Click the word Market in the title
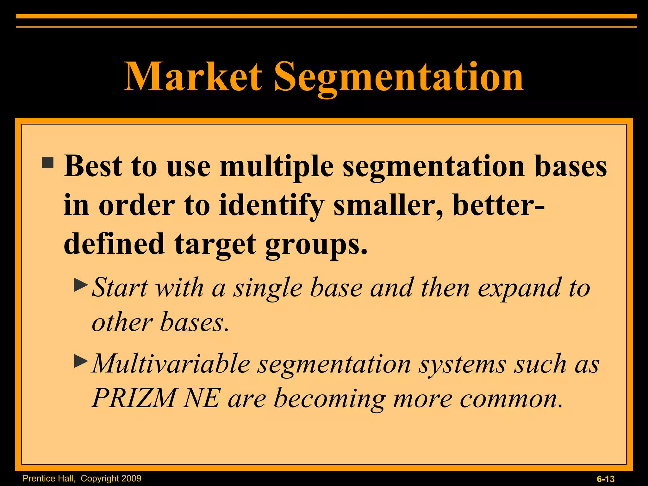193,77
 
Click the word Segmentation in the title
399,78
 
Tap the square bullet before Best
48,163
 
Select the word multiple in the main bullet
277,167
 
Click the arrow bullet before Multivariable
81,361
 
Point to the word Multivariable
171,364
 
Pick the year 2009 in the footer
131,478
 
